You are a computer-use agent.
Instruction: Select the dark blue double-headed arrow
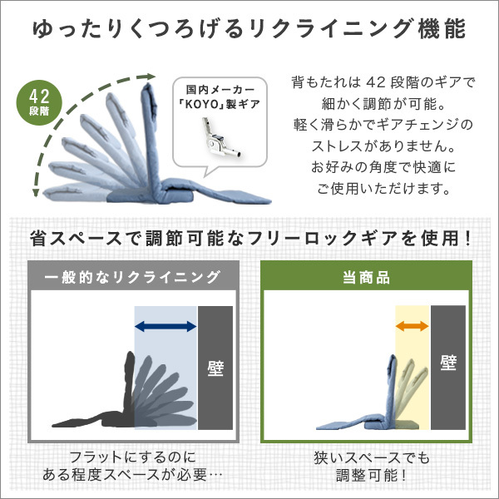(x=166, y=326)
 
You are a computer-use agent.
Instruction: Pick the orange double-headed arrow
(x=412, y=326)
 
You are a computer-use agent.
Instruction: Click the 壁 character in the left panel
(x=215, y=367)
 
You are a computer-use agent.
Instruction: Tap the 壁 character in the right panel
(x=449, y=363)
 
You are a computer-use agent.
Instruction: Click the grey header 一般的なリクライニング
(x=132, y=277)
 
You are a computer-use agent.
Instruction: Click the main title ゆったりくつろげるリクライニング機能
(x=249, y=29)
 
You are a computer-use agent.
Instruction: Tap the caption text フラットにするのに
(x=133, y=457)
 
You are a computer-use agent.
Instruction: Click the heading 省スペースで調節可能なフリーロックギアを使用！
(x=249, y=238)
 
